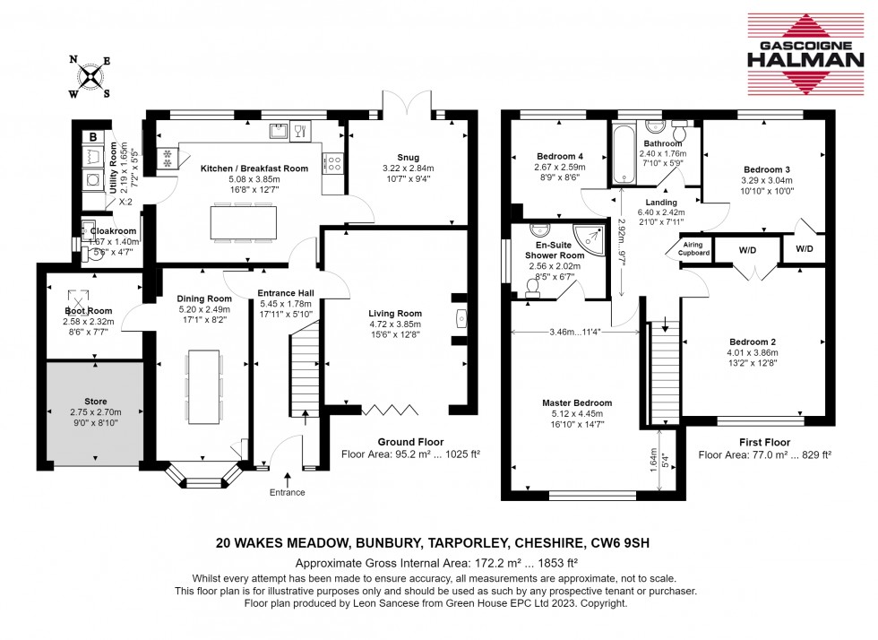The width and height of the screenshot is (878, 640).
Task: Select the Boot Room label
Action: [88, 311]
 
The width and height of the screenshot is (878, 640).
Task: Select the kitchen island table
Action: [237, 221]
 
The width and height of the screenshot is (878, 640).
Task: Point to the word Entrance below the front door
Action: [288, 492]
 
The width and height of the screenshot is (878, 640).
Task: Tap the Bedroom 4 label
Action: [558, 155]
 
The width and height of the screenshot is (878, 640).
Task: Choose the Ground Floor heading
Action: [409, 442]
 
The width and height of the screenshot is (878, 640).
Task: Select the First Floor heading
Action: [764, 443]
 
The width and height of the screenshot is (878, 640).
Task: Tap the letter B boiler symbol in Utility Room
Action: [93, 137]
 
